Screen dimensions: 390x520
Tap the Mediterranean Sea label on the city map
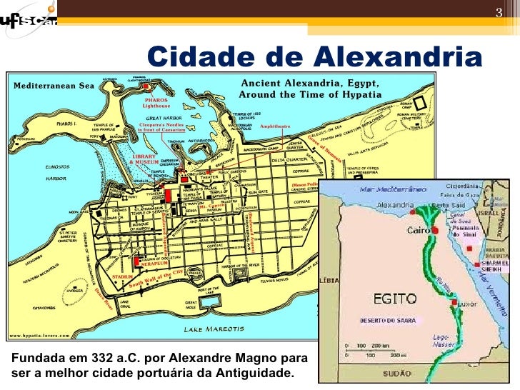tap(53, 84)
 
